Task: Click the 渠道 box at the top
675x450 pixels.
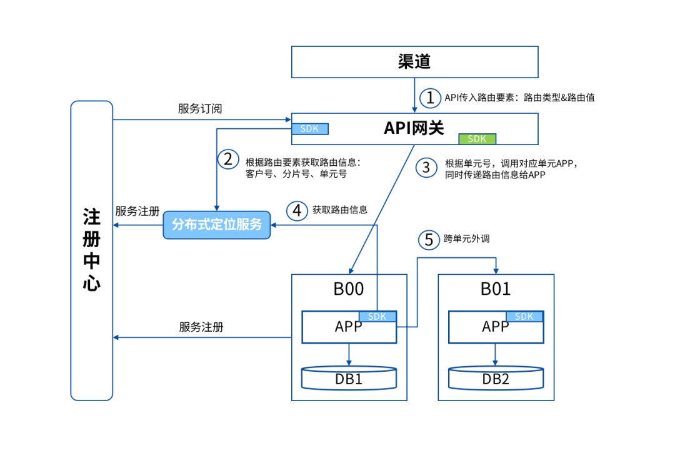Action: click(414, 61)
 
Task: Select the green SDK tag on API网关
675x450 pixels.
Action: click(477, 138)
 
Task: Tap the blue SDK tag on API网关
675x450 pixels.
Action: click(310, 129)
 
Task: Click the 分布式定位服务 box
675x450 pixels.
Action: click(216, 224)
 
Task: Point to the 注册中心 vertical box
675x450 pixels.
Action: click(91, 250)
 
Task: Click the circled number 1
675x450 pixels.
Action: click(430, 98)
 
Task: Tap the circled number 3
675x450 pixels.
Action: click(427, 167)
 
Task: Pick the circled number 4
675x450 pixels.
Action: click(297, 210)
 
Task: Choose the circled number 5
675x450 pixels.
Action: click(429, 240)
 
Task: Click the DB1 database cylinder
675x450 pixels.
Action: click(349, 377)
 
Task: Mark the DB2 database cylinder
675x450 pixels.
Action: click(496, 377)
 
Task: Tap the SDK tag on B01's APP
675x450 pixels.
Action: click(524, 317)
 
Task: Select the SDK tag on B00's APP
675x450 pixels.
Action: click(377, 317)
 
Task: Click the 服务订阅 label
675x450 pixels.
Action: click(200, 109)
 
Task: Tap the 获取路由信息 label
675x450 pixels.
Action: click(340, 210)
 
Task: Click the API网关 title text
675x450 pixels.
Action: click(414, 128)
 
